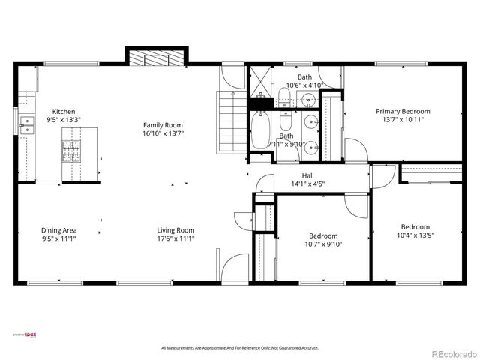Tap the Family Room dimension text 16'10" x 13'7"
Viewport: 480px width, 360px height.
pos(163,133)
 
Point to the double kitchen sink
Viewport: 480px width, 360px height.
pos(28,124)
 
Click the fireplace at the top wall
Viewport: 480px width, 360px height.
pos(155,59)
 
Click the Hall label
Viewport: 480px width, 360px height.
pos(297,174)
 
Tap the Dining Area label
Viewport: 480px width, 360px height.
pos(58,230)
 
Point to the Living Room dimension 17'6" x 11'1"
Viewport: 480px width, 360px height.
pos(175,238)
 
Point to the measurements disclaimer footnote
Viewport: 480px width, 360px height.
pos(240,348)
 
